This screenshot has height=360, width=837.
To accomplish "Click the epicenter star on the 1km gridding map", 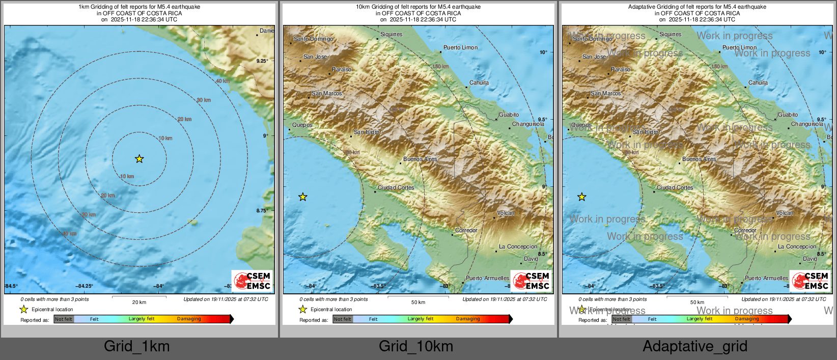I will [139, 159].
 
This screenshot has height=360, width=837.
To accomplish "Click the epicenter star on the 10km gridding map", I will [303, 197].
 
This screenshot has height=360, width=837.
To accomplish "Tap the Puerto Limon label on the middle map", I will [460, 47].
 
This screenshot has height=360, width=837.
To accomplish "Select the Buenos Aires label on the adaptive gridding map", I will [699, 159].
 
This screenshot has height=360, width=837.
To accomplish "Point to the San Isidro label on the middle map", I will [367, 132].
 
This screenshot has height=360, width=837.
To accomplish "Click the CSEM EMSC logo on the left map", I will [253, 281].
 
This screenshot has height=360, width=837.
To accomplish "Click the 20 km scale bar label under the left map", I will [139, 302].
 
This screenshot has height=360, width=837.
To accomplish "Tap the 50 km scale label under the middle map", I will [418, 302].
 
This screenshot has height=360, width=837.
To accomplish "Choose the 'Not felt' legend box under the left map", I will [64, 319].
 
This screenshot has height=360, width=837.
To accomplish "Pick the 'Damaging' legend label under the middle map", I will [468, 319].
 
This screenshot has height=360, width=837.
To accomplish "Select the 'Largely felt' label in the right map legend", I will [699, 319].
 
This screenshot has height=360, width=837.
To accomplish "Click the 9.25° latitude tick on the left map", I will [262, 61].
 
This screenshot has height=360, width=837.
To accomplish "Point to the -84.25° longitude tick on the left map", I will [85, 286].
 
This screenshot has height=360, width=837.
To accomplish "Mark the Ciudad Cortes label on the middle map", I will [396, 187].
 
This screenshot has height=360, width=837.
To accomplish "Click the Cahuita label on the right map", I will [758, 82].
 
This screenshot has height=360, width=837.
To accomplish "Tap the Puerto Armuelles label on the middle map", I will [487, 278].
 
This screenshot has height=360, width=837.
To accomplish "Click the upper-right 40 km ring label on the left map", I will [222, 81].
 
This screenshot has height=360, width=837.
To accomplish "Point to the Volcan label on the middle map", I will [506, 213].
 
